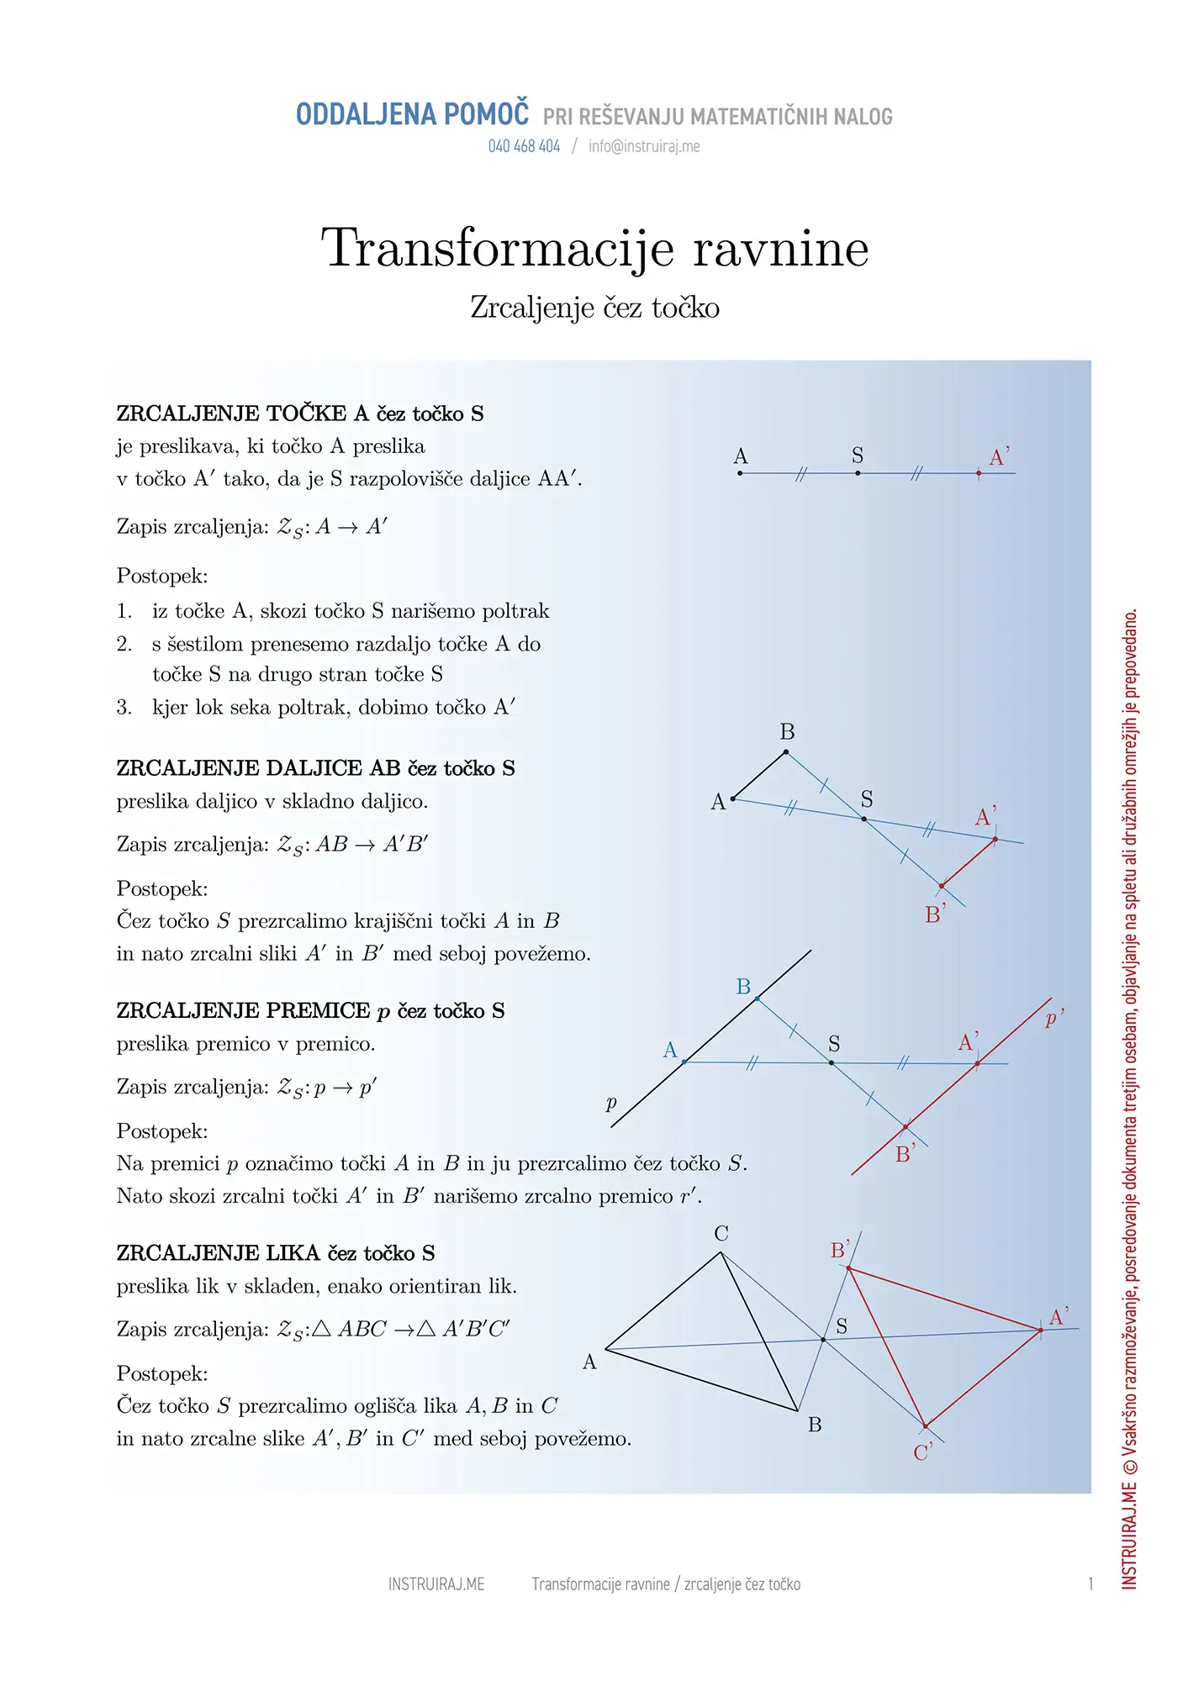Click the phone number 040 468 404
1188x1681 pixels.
click(524, 146)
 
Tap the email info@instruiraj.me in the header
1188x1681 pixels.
click(644, 146)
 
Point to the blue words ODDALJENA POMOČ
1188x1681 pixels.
click(412, 114)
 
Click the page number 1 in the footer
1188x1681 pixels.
click(1090, 1584)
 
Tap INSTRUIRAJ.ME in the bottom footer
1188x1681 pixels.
click(436, 1584)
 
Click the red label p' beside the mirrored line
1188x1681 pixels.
click(1053, 1019)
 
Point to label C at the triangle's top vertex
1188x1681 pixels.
click(721, 1234)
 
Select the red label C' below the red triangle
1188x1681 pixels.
click(922, 1452)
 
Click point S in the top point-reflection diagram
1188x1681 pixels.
click(858, 473)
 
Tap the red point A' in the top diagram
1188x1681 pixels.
click(979, 473)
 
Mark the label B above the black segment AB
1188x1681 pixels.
click(787, 732)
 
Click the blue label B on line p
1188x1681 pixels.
click(743, 987)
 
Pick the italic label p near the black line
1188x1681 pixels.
click(611, 1103)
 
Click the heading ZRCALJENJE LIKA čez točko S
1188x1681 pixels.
click(276, 1253)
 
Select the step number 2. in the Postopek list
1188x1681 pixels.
click(124, 645)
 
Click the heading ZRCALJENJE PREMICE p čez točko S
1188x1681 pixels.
click(310, 1010)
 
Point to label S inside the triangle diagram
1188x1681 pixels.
click(842, 1326)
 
